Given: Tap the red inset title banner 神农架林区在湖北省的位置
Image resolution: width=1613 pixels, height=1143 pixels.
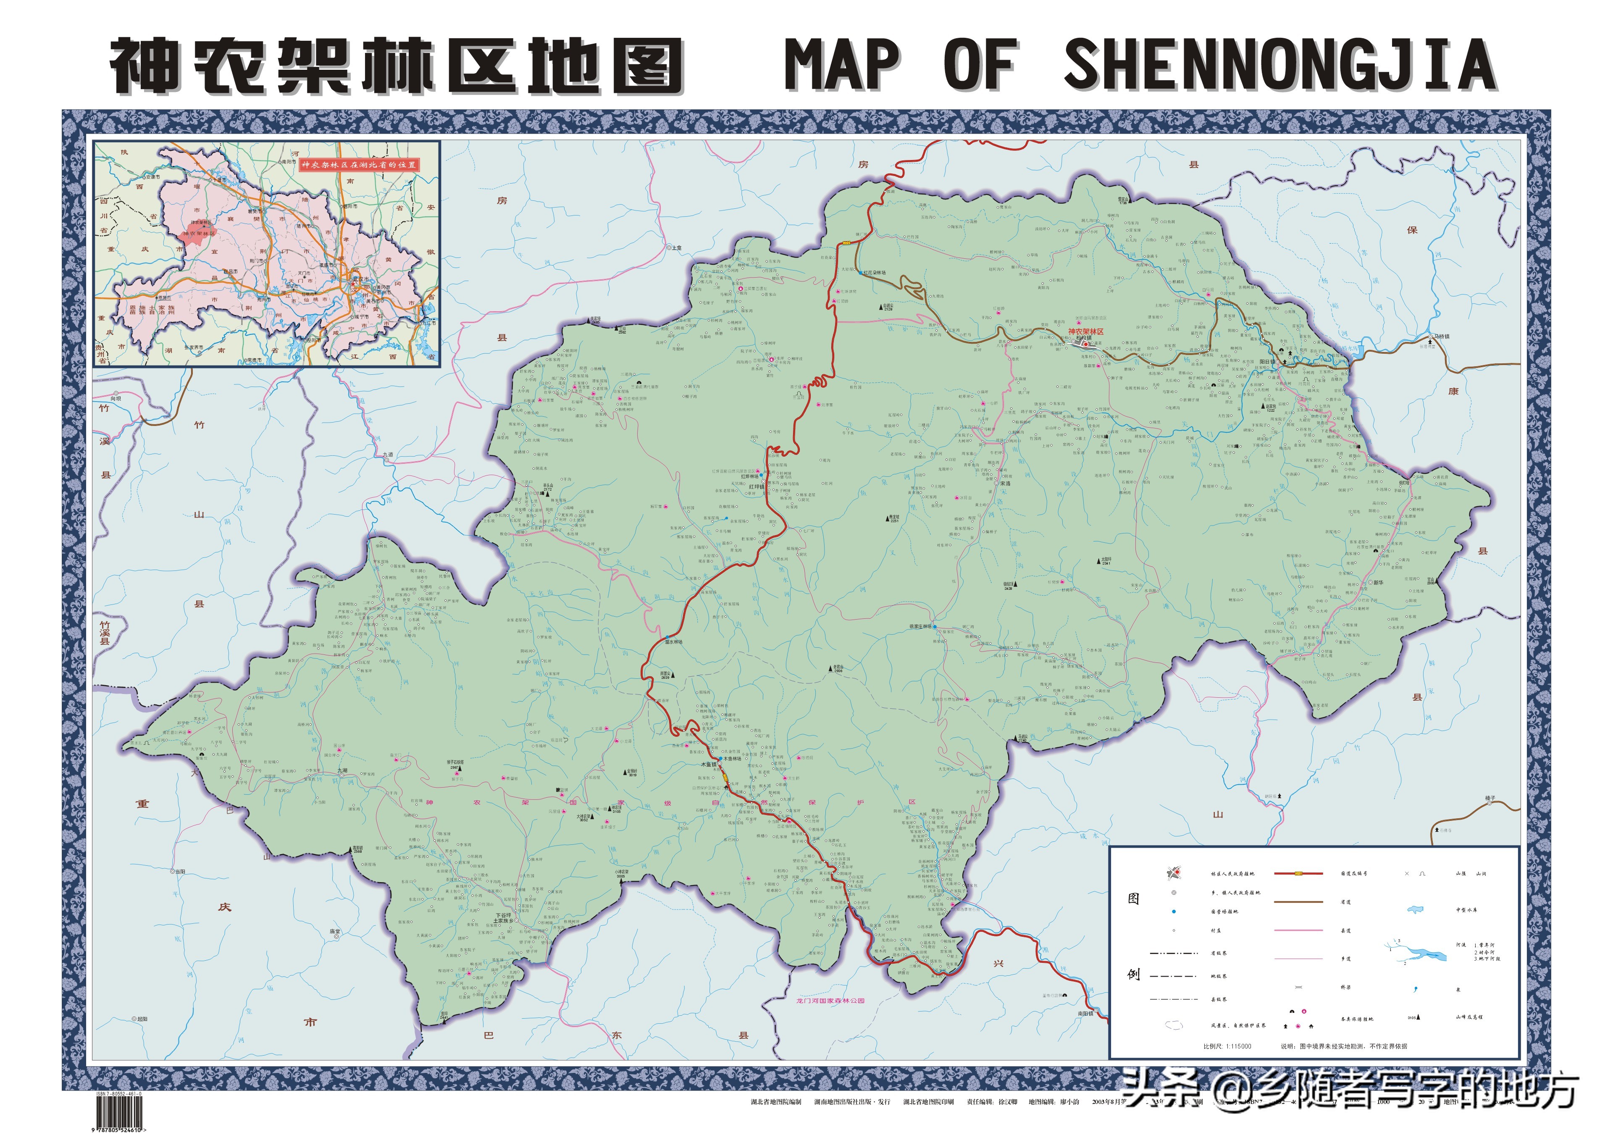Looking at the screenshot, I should coord(359,165).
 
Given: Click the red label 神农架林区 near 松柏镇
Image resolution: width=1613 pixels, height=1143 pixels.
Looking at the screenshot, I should coord(1086,331).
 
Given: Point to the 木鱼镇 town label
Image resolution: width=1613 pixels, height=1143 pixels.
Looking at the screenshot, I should coord(707,764).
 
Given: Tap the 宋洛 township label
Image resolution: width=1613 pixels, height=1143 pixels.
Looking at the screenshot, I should coord(1005,483).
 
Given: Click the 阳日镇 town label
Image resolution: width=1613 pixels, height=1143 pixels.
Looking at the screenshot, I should coord(1267,362).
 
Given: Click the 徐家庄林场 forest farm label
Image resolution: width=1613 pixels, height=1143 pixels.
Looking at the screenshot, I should coord(920,626).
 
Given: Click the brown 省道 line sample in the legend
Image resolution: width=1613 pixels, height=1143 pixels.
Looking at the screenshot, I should coord(1298,901).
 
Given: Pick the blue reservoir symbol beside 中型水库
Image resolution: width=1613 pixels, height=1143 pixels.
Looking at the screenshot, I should coord(1415,910).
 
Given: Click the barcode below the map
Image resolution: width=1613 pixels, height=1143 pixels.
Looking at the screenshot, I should coord(118,1114).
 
